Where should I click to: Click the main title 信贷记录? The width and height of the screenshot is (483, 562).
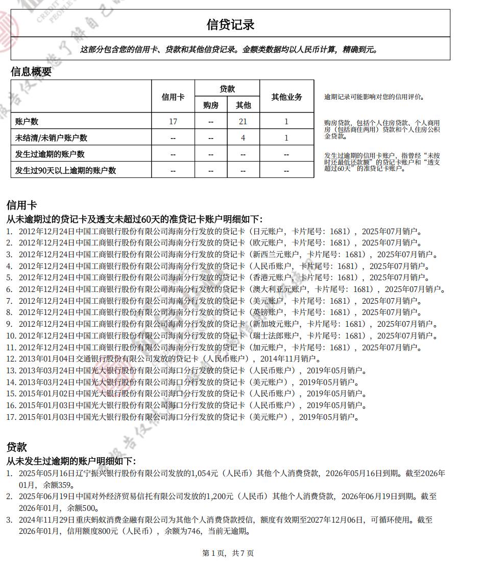(x=230, y=25)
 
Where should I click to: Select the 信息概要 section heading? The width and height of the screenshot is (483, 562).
(x=31, y=72)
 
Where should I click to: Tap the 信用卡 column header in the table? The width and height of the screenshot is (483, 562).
(x=173, y=97)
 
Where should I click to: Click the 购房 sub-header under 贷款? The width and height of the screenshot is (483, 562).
(x=211, y=105)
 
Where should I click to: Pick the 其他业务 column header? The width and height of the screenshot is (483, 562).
(x=286, y=97)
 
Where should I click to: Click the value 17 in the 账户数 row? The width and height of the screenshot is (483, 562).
(x=173, y=122)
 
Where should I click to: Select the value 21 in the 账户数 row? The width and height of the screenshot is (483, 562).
(x=243, y=122)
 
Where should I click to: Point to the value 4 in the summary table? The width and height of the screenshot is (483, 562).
(x=243, y=138)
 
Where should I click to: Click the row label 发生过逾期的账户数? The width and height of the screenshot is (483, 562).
(x=50, y=154)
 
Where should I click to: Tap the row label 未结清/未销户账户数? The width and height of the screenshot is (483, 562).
(x=52, y=138)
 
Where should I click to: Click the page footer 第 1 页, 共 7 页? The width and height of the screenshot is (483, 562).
(x=228, y=553)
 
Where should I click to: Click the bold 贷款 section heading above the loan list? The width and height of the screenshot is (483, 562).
(x=16, y=447)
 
